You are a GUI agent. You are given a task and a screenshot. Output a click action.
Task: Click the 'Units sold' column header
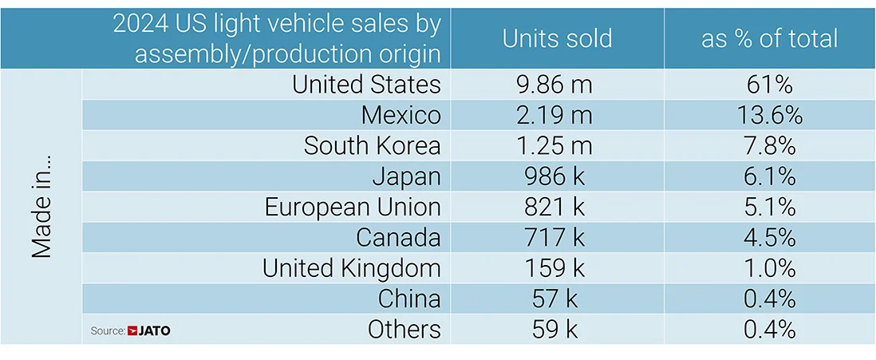557,38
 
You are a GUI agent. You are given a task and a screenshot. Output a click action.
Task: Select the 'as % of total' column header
769,38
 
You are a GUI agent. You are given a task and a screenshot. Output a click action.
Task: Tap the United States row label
366,84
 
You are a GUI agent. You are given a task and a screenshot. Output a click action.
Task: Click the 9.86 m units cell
557,84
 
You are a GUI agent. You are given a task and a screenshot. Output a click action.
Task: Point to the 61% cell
769,84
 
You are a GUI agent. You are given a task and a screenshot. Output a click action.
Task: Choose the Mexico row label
401,115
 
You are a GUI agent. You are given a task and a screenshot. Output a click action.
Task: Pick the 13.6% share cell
769,115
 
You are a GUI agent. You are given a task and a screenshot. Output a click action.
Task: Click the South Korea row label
372,145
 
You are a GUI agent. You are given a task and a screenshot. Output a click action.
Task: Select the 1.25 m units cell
557,145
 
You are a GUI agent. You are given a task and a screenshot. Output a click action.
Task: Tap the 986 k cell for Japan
557,176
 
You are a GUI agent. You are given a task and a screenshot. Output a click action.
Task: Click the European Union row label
353,207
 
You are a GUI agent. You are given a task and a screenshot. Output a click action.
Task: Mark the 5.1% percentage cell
769,207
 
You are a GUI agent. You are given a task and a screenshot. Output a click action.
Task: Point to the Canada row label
398,237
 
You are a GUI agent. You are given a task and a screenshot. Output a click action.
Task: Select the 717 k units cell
557,237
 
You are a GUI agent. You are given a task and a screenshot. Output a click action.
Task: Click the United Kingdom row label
351,268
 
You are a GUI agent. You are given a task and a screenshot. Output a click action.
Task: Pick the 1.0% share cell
769,268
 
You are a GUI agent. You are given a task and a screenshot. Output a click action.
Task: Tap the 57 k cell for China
557,299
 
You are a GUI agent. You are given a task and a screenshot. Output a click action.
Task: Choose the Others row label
404,329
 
